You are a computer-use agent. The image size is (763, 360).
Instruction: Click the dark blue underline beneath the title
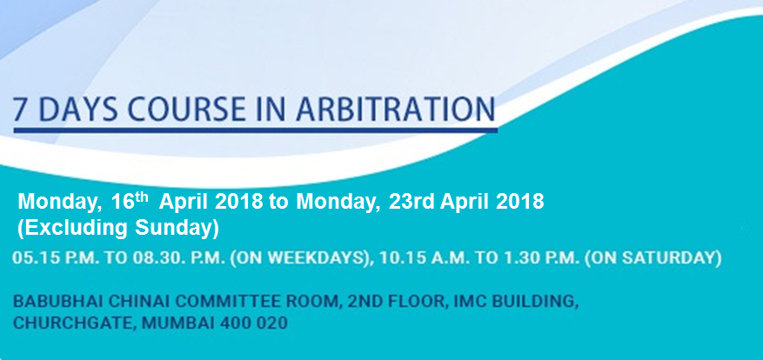click(x=256, y=130)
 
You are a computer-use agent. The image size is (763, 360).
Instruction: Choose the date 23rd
click(x=412, y=201)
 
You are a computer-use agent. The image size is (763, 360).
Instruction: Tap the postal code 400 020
click(x=244, y=323)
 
